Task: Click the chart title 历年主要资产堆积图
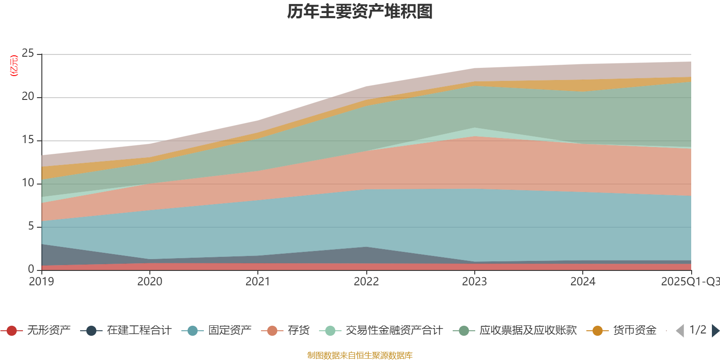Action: pyautogui.click(x=360, y=12)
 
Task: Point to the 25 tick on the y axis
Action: pyautogui.click(x=28, y=54)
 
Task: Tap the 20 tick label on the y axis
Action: pyautogui.click(x=28, y=97)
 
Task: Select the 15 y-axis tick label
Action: pyautogui.click(x=28, y=140)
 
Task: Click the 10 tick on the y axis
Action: pyautogui.click(x=28, y=183)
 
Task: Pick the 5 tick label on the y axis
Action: pyautogui.click(x=31, y=226)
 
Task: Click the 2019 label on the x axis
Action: pyautogui.click(x=41, y=282)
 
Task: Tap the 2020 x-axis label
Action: pyautogui.click(x=149, y=282)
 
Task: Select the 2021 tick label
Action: pyautogui.click(x=258, y=282)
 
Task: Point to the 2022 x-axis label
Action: pyautogui.click(x=366, y=282)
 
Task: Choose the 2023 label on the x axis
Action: pyautogui.click(x=474, y=282)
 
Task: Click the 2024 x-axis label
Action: pyautogui.click(x=583, y=282)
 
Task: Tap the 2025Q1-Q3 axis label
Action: pyautogui.click(x=690, y=282)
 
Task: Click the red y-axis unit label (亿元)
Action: pyautogui.click(x=14, y=66)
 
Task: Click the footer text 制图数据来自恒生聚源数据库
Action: pyautogui.click(x=360, y=355)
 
